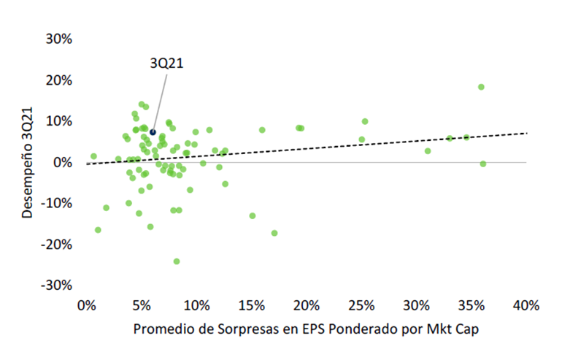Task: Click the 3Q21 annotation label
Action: [x=166, y=64]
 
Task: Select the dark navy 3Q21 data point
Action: [x=153, y=132]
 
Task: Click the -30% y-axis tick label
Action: [x=56, y=285]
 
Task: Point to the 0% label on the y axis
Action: [x=62, y=162]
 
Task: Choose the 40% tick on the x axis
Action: [x=526, y=305]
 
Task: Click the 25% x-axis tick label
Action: [x=361, y=305]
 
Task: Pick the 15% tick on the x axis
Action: [x=251, y=305]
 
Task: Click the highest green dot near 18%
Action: [x=481, y=87]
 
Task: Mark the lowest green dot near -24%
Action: [x=177, y=261]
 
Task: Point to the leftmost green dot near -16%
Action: [x=98, y=230]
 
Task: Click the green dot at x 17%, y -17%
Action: [x=274, y=233]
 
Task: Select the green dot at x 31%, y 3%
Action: [x=428, y=151]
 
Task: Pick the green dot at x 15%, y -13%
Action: [x=253, y=216]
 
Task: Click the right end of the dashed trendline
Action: [x=526, y=133]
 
